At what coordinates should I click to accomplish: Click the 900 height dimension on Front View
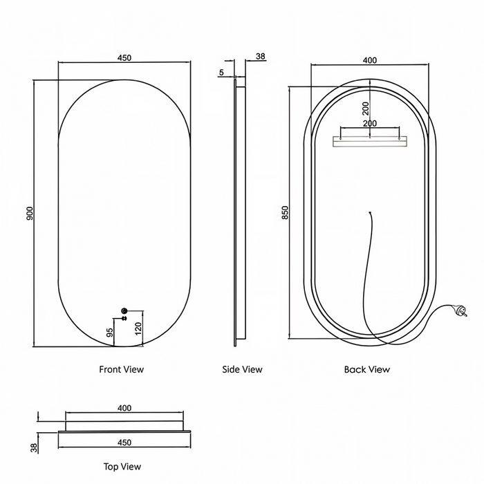30,213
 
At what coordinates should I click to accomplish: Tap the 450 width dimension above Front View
124,57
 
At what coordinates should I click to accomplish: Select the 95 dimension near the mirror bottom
109,333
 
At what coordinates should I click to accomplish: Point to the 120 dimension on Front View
138,328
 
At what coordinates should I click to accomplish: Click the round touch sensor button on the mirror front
124,310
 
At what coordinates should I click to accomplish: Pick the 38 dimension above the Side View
261,56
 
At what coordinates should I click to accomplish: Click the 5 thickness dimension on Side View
221,73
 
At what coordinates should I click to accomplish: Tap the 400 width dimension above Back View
369,60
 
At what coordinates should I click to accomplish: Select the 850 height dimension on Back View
285,212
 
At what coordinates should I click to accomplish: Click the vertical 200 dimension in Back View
366,109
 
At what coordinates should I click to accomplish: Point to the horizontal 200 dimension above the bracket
370,124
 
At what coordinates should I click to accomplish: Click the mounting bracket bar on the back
369,142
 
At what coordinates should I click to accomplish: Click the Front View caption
121,369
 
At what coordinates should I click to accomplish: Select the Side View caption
242,369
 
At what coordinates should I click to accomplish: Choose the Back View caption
367,369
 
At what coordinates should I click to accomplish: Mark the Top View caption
122,467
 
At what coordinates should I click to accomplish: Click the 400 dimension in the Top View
124,408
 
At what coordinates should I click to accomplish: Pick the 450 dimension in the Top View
124,443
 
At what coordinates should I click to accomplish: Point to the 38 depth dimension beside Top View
35,448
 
